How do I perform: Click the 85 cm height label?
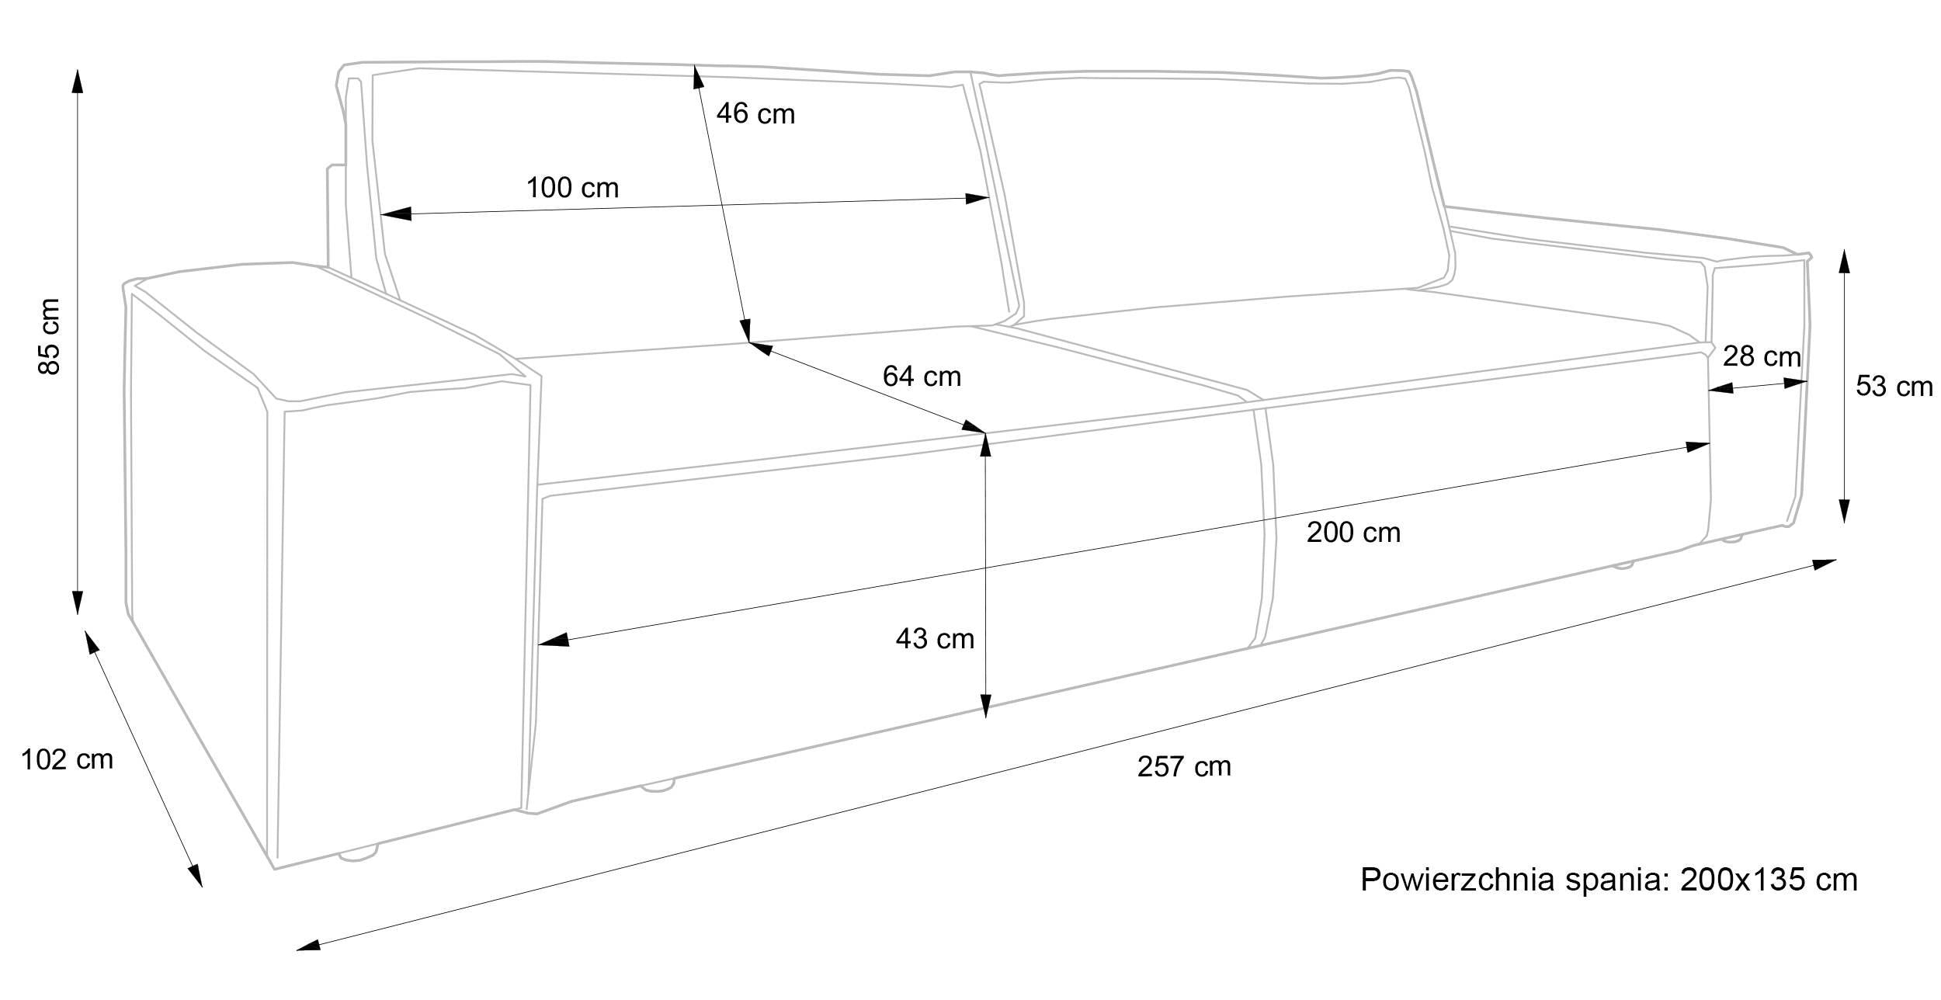49,335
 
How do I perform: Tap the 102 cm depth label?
67,759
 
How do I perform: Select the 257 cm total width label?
1184,767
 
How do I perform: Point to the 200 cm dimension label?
1353,533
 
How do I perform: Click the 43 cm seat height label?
934,639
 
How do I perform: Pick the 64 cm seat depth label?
922,377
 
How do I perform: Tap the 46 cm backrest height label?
755,114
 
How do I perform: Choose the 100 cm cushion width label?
572,188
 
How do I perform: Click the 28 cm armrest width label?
1762,356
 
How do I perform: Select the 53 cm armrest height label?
1894,387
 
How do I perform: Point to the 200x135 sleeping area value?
1769,880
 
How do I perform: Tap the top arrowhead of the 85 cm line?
77,80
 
